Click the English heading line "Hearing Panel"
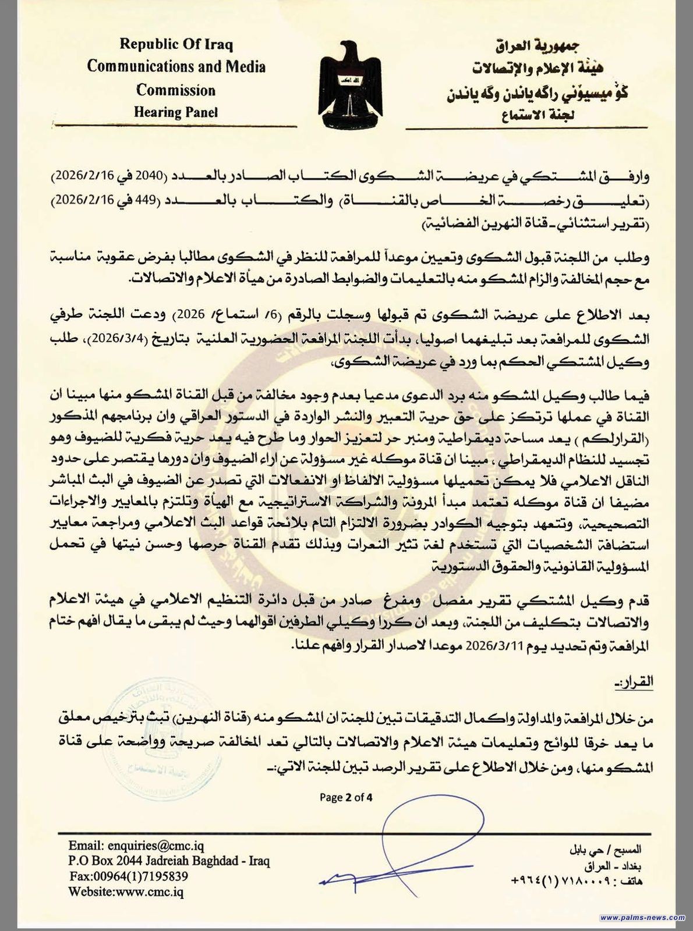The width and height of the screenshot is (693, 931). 176,112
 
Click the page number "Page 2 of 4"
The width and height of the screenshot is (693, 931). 346,797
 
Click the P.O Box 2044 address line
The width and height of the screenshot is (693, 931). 169,861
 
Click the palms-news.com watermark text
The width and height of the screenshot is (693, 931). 642,918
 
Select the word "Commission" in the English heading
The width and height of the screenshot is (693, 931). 176,90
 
